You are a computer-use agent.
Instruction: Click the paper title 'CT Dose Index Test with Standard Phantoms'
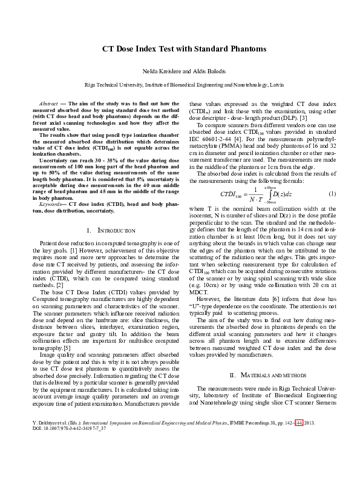tap(180, 48)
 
